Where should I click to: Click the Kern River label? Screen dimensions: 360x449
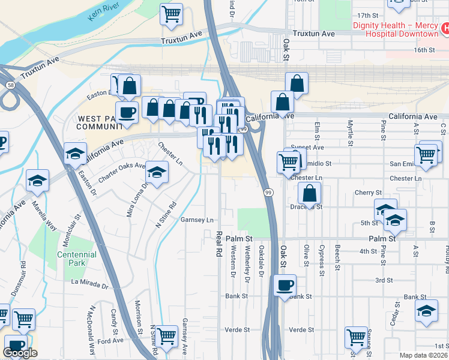pos(102,11)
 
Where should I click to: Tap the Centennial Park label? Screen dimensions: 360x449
pos(77,259)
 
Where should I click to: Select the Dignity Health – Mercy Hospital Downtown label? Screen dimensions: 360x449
pos(397,29)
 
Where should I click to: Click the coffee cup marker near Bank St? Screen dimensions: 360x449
pos(285,286)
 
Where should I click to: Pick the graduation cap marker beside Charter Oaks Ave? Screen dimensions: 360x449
pos(157,173)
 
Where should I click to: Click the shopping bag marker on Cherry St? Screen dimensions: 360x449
pos(309,193)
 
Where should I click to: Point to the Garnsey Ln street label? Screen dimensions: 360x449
pos(197,220)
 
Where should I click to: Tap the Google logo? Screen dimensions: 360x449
pos(20,353)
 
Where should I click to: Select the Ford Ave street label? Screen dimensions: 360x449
pos(110,340)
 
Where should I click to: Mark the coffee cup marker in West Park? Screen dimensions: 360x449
pos(127,112)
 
